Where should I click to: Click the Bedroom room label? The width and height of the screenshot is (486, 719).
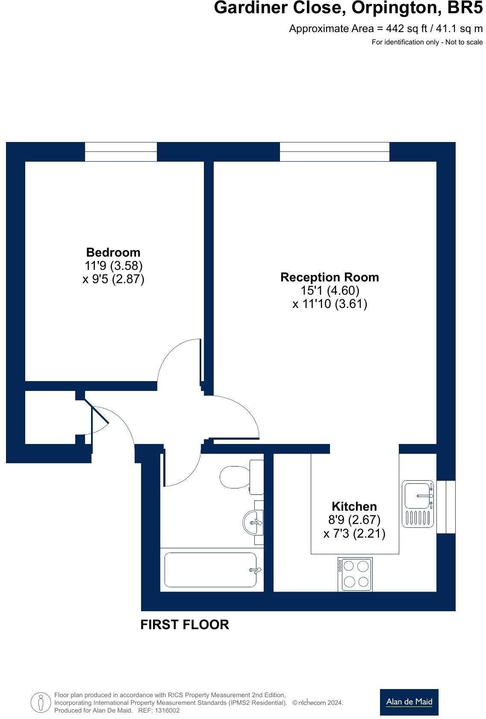tap(113, 252)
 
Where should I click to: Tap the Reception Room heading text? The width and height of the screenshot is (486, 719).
tap(330, 277)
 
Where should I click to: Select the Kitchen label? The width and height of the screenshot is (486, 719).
tap(354, 506)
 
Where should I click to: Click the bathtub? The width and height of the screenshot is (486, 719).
tap(211, 570)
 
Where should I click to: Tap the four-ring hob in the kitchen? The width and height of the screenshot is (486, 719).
tap(355, 574)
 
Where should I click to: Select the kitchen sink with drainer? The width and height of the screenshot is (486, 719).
tap(418, 504)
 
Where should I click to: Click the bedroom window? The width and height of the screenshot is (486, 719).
tap(121, 152)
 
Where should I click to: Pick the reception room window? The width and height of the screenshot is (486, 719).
tap(334, 152)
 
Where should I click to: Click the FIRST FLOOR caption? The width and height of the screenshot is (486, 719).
tap(185, 624)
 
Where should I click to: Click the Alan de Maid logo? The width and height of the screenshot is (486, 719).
tap(409, 701)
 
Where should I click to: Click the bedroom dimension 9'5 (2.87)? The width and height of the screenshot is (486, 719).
tap(113, 279)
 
